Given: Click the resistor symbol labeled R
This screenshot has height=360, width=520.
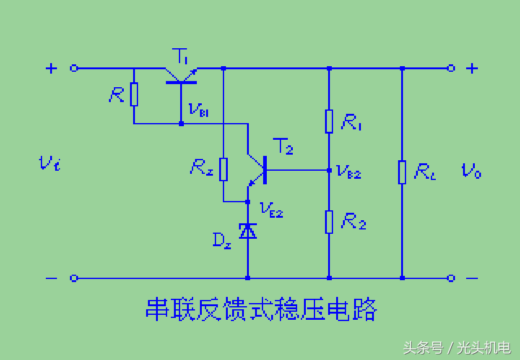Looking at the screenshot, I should pyautogui.click(x=134, y=95).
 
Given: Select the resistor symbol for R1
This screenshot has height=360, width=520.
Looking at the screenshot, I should pyautogui.click(x=329, y=122).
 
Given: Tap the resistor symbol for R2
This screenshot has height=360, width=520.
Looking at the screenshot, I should pyautogui.click(x=329, y=221).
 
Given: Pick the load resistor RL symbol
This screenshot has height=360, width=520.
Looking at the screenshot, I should pyautogui.click(x=402, y=171).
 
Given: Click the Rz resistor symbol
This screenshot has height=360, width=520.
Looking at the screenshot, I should pyautogui.click(x=223, y=169).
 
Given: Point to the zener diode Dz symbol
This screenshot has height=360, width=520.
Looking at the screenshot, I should pyautogui.click(x=248, y=231).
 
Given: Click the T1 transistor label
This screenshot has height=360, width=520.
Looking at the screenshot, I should pyautogui.click(x=181, y=57).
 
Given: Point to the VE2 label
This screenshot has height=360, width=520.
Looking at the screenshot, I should pyautogui.click(x=272, y=210).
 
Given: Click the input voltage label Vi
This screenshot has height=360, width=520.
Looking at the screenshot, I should pyautogui.click(x=49, y=164).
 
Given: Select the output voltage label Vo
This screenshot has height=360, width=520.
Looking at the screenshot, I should pyautogui.click(x=471, y=171).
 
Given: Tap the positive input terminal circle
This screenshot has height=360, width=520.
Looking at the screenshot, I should pyautogui.click(x=74, y=68).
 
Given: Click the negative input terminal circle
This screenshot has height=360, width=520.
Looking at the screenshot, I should pyautogui.click(x=74, y=278).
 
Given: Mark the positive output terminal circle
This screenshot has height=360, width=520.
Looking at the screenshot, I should pyautogui.click(x=451, y=68).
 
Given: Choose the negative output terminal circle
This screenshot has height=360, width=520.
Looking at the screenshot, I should pyautogui.click(x=451, y=278).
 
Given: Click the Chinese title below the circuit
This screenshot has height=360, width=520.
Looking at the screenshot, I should pyautogui.click(x=261, y=309).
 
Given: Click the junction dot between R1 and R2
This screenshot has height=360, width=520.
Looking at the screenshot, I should pyautogui.click(x=329, y=169).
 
